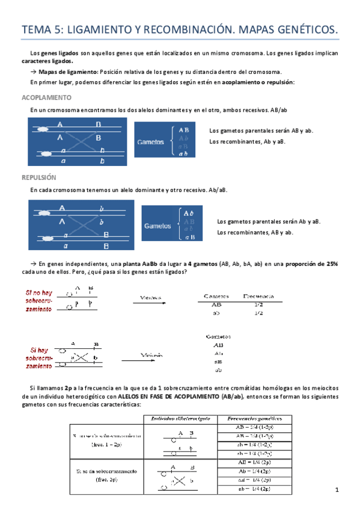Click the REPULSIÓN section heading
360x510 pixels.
tap(38, 178)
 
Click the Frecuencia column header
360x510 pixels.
tap(259, 296)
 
